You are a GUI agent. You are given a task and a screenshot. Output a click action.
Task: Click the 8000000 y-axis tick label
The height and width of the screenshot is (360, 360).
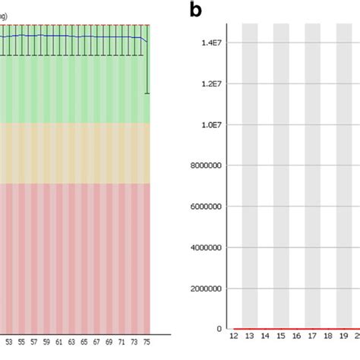(206, 166)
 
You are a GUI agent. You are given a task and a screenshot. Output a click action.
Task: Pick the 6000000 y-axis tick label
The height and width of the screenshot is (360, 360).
(206, 207)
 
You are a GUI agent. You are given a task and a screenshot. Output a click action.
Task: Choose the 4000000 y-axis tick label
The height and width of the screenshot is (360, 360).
(206, 248)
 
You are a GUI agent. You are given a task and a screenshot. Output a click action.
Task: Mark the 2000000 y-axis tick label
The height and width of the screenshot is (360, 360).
(206, 289)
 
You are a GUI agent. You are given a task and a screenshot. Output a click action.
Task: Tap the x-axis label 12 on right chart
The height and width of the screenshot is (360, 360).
(234, 336)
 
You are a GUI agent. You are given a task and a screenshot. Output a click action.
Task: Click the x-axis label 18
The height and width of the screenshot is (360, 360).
(327, 336)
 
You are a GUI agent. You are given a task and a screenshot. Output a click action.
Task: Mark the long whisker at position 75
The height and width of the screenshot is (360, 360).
(148, 68)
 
